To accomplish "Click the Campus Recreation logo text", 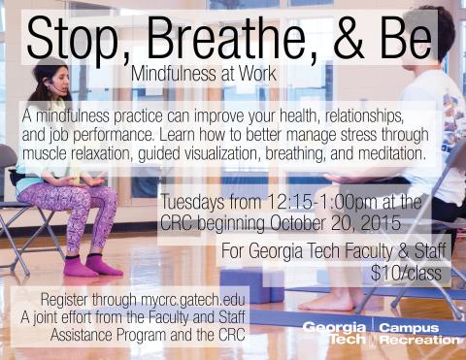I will click(418, 334).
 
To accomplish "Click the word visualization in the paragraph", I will click(247, 154).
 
